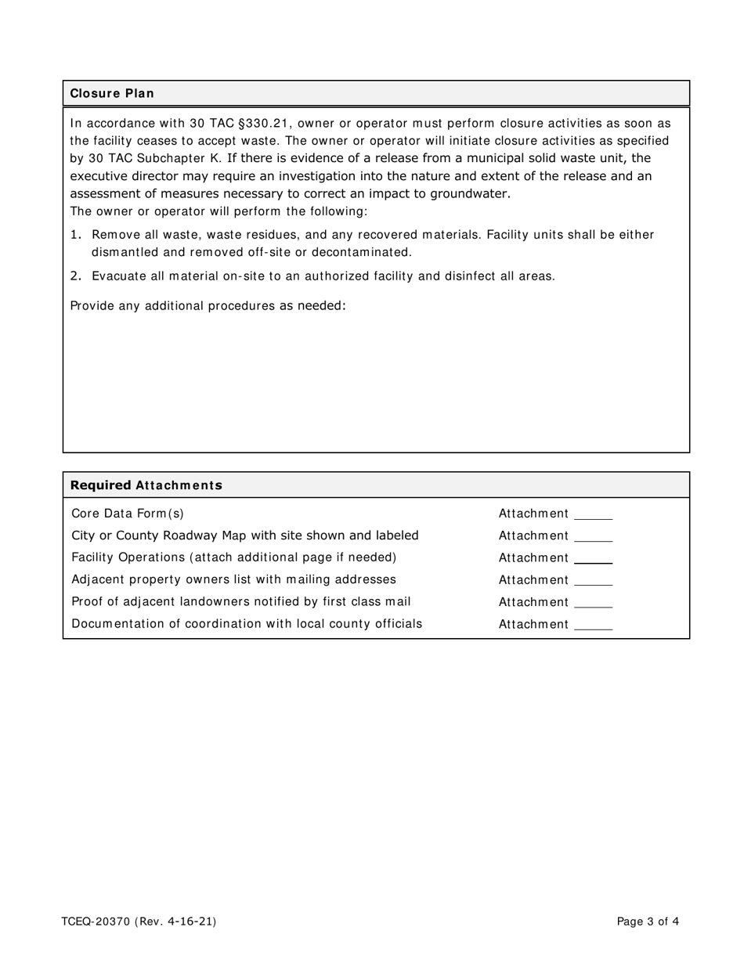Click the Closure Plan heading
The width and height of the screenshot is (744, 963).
click(112, 93)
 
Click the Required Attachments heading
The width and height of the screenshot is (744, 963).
click(146, 485)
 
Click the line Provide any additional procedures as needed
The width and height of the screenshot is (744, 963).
click(208, 305)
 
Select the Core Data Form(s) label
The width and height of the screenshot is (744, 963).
click(128, 514)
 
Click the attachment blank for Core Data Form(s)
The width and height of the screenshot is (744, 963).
click(593, 515)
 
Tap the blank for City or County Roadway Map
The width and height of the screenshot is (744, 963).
click(593, 537)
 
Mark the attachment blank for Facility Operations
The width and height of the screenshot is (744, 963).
click(593, 559)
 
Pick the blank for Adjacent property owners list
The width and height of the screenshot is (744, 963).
click(593, 581)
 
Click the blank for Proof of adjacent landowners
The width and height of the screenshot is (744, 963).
click(593, 603)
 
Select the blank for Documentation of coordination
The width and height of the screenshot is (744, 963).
click(593, 625)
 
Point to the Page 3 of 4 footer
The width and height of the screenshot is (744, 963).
click(648, 922)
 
